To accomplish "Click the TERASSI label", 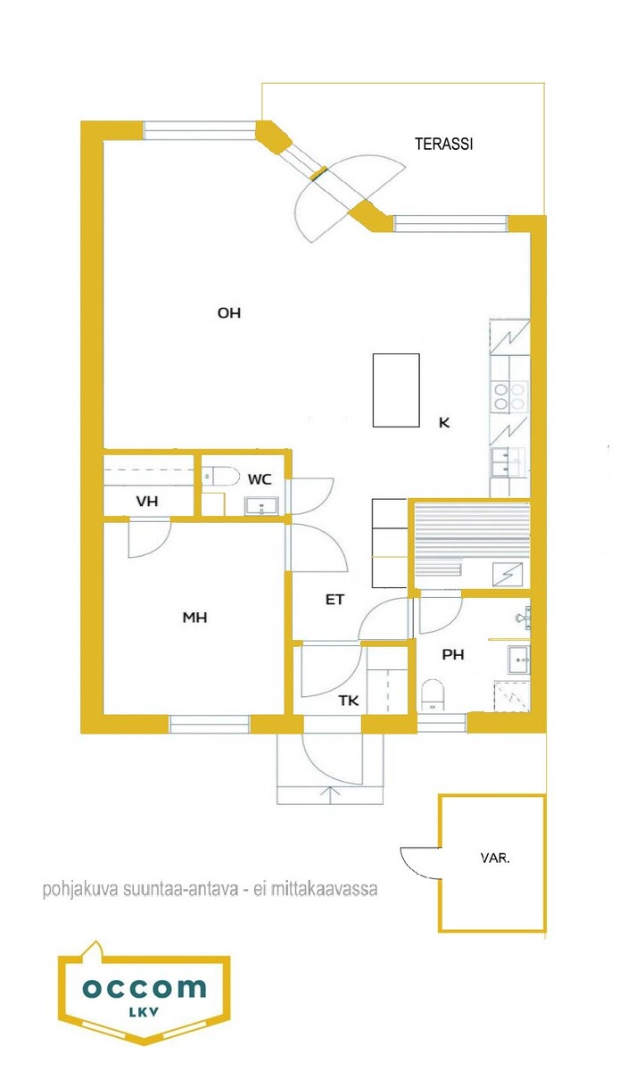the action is [x=443, y=144].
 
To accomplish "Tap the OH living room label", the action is [x=229, y=313].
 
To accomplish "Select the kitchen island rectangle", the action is [x=396, y=390].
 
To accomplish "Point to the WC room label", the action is [x=260, y=479].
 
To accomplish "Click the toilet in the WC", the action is [x=221, y=477].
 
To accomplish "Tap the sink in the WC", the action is [x=261, y=506].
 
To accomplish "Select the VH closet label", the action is [x=147, y=501].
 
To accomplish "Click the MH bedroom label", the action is [x=195, y=618].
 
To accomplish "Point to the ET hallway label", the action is [x=334, y=599].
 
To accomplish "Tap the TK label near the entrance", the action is [x=349, y=701].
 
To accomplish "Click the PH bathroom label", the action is [x=453, y=654].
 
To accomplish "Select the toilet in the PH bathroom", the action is [x=433, y=694].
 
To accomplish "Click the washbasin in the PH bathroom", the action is [x=518, y=660].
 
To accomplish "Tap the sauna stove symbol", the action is [x=508, y=574].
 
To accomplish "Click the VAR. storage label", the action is [x=495, y=859].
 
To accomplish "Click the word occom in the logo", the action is [x=144, y=988].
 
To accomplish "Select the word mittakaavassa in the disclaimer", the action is [x=324, y=889].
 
